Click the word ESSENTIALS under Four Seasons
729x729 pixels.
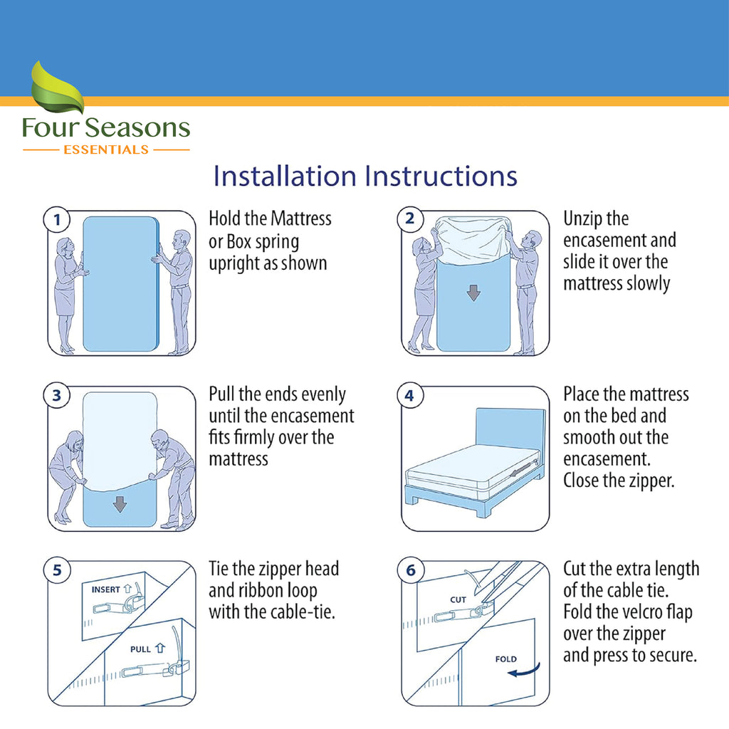point(106,150)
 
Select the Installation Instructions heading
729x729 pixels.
point(365,176)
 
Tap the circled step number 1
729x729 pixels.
point(56,219)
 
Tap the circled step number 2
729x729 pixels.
point(409,219)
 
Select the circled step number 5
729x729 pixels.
point(56,570)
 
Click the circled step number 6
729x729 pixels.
point(409,570)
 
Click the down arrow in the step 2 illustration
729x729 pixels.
point(473,292)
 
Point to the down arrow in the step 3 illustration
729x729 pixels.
point(120,504)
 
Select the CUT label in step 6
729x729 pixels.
point(458,599)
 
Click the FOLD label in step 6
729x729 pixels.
point(505,659)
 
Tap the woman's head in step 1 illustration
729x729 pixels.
point(65,246)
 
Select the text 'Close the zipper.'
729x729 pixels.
point(618,481)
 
